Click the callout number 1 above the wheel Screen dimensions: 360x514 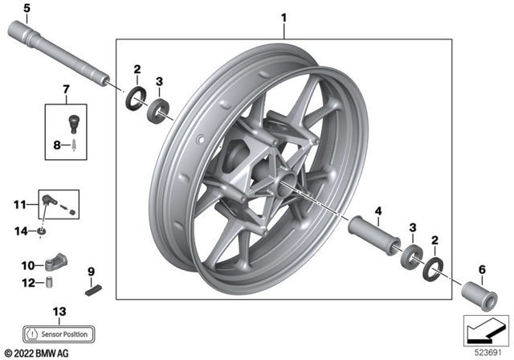[283, 17]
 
